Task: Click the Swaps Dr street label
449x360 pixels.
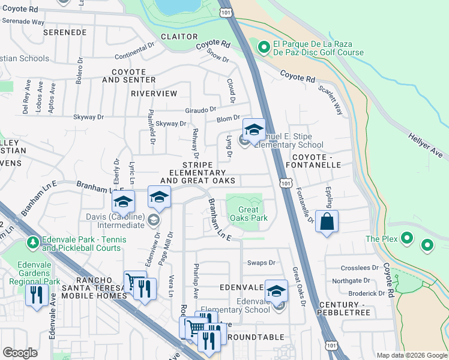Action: click(261, 263)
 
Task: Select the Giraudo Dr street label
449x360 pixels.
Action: click(200, 110)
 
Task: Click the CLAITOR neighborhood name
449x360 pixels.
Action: click(179, 36)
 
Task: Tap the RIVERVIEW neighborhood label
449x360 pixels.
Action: click(155, 94)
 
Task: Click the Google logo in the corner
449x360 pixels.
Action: click(20, 353)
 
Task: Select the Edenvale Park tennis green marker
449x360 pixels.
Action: click(32, 243)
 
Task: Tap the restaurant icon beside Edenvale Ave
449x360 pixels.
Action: click(37, 295)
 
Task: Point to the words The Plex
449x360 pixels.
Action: click(381, 239)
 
